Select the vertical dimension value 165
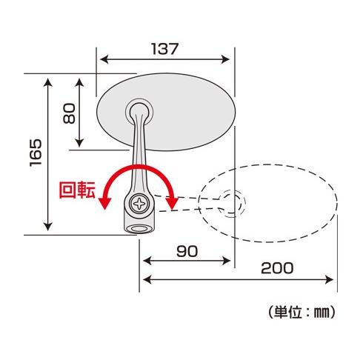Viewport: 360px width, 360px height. (34, 154)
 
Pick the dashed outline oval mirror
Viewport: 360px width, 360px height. (281, 200)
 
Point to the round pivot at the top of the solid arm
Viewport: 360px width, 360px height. (139, 111)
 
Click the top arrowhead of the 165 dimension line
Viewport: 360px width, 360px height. (48, 78)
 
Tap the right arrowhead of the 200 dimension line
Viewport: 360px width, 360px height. (333, 279)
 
